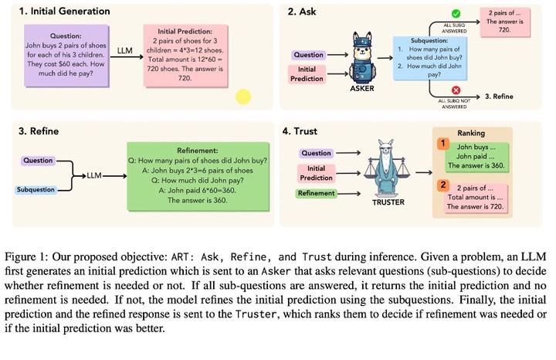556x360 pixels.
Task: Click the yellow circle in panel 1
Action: click(x=243, y=97)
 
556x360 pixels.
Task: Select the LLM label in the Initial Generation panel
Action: click(x=124, y=51)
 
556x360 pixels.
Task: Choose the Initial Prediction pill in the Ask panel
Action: click(x=307, y=74)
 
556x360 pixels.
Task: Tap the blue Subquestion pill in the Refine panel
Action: click(x=36, y=190)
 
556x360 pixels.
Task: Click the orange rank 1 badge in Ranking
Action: click(x=443, y=144)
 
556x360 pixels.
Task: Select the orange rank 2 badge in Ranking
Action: click(x=443, y=185)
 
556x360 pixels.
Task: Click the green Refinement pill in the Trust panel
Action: click(x=317, y=193)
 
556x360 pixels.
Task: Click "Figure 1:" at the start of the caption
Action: click(x=27, y=256)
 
